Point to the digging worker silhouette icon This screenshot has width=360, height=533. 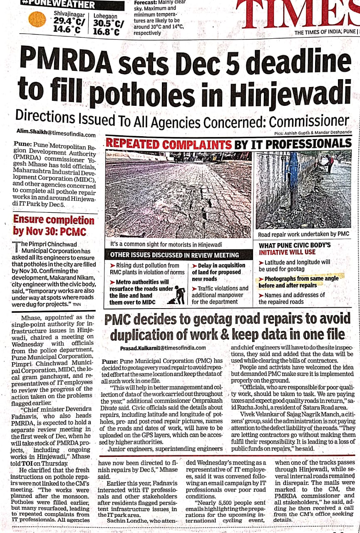(x=180, y=294)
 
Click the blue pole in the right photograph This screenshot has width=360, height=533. (x=293, y=183)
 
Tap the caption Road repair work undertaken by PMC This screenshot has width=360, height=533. (x=303, y=235)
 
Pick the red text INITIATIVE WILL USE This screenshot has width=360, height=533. (x=287, y=252)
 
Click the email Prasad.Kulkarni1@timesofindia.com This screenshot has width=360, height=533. (x=163, y=348)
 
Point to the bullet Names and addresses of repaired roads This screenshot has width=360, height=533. (x=291, y=298)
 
